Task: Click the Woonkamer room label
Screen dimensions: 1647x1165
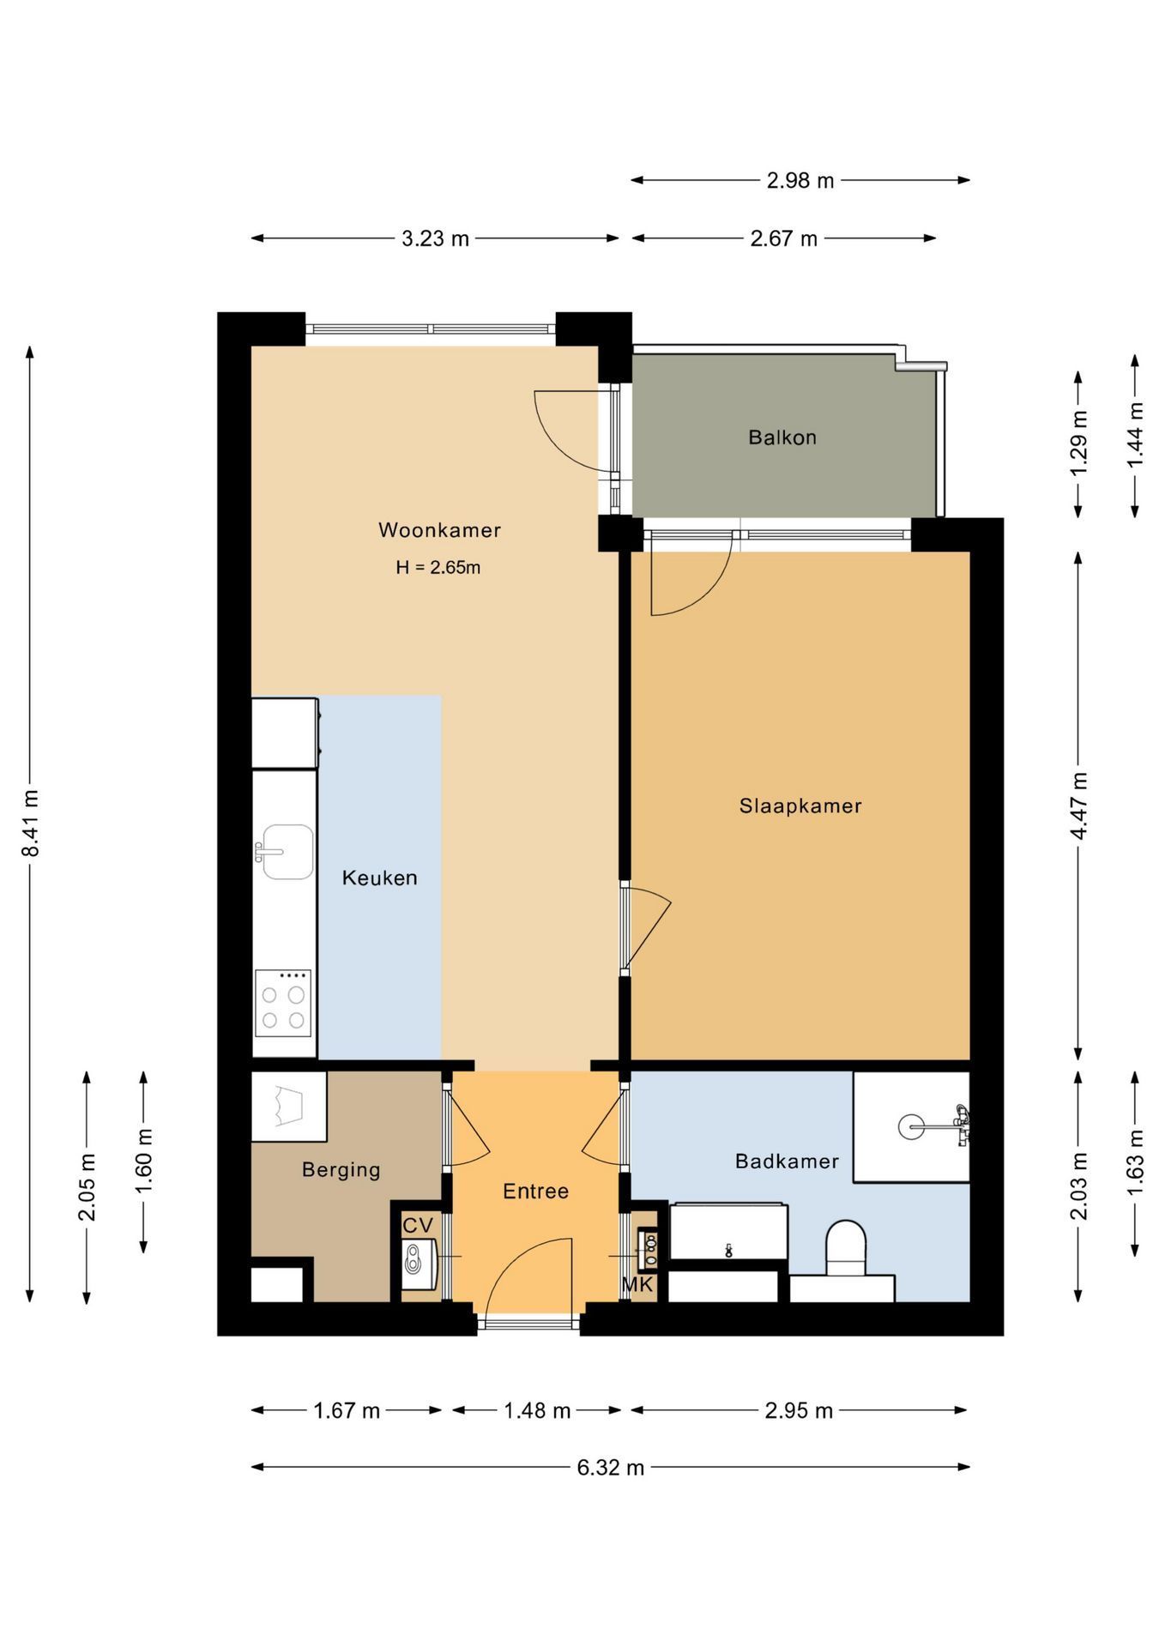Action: click(x=439, y=530)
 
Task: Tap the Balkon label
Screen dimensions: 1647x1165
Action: click(x=782, y=437)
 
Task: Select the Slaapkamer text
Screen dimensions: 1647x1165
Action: click(x=800, y=805)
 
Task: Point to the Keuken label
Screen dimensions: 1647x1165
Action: click(x=379, y=878)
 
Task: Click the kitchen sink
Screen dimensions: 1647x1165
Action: click(x=287, y=852)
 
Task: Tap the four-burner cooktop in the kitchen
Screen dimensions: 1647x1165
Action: click(x=283, y=1004)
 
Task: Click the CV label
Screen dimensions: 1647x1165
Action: click(x=418, y=1225)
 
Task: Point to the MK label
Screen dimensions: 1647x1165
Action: click(x=637, y=1285)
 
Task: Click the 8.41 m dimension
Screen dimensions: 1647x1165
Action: click(x=31, y=823)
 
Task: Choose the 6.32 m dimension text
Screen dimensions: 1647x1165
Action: click(x=610, y=1467)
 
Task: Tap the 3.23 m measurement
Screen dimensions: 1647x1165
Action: click(x=435, y=238)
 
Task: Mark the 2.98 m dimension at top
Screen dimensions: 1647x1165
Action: click(x=800, y=180)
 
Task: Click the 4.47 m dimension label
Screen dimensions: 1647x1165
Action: click(x=1079, y=806)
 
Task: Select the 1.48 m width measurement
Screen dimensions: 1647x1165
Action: click(x=537, y=1410)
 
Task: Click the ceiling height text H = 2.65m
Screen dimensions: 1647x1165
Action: click(x=438, y=567)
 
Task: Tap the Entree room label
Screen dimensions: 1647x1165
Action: click(x=535, y=1191)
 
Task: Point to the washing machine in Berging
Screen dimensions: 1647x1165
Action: click(x=288, y=1106)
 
